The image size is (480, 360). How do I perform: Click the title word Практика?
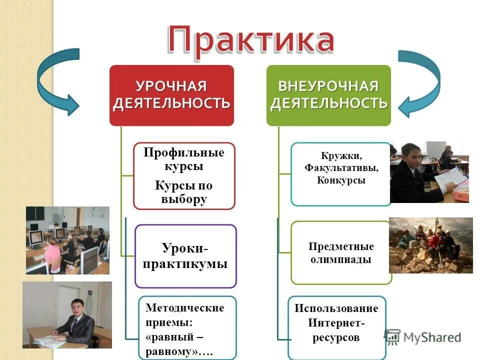click(x=251, y=40)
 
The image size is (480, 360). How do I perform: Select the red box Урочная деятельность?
click(x=171, y=95)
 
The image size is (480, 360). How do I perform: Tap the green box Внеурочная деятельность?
click(x=328, y=95)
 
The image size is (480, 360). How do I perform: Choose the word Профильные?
click(x=184, y=152)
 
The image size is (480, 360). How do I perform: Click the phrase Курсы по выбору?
click(x=184, y=192)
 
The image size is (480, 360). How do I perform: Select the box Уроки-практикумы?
click(x=185, y=256)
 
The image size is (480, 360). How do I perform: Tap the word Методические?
click(x=184, y=307)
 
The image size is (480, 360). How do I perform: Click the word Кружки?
click(x=341, y=155)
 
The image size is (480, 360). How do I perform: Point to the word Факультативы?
click(x=341, y=168)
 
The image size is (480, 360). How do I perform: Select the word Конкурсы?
click(x=341, y=180)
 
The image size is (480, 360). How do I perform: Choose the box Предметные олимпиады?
click(x=341, y=252)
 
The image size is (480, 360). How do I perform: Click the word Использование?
click(x=336, y=308)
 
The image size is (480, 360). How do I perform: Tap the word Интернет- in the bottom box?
click(x=336, y=323)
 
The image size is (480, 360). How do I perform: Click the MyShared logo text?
click(x=432, y=337)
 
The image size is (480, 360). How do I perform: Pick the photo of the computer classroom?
click(x=67, y=240)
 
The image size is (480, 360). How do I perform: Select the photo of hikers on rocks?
click(x=430, y=245)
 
